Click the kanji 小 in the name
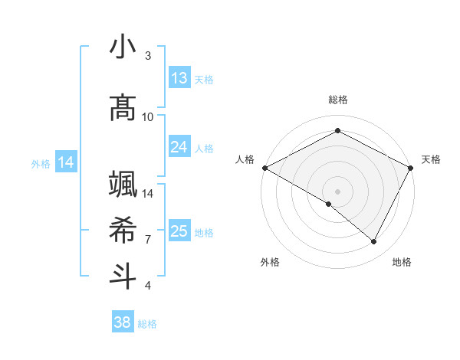point(123,47)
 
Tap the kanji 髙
point(123,108)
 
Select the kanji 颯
point(123,186)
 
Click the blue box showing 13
point(179,78)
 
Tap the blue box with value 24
point(179,147)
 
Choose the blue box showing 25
point(179,231)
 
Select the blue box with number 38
point(123,323)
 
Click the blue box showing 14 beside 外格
point(66,162)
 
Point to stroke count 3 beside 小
point(148,55)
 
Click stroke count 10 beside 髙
point(148,116)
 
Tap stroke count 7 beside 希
point(148,239)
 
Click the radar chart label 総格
point(337,100)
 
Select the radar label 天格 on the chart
point(431,159)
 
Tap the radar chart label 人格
point(245,159)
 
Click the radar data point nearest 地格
point(374,242)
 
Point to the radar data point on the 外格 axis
point(329,204)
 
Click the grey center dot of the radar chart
point(337,191)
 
